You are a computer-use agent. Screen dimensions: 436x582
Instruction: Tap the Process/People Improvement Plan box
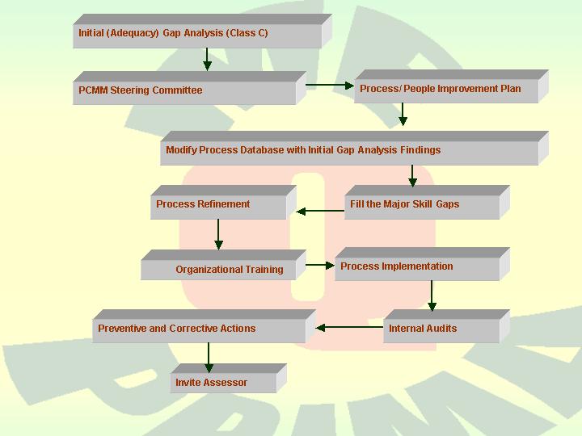point(446,90)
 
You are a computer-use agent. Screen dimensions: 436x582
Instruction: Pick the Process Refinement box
point(218,205)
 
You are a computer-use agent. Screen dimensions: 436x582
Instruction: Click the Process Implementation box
point(416,267)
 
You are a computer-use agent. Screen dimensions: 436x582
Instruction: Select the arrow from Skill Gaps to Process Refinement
point(321,212)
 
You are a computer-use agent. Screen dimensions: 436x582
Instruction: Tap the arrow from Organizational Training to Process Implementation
point(321,264)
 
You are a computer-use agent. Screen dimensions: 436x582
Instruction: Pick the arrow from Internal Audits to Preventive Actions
point(349,328)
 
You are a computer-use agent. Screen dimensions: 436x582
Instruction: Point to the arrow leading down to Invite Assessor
point(209,358)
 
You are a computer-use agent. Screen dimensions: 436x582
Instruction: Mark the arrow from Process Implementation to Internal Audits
point(432,296)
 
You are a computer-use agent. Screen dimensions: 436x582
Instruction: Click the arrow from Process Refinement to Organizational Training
point(218,235)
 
